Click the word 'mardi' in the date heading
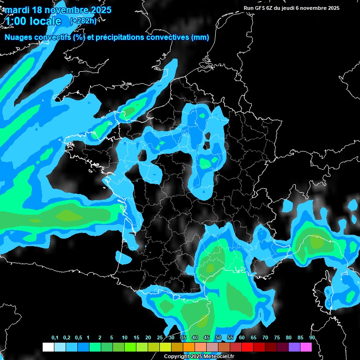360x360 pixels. coord(15,10)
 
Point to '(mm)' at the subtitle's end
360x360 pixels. coord(199,37)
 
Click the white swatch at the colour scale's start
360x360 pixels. coord(48,347)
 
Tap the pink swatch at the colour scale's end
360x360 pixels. coord(306,347)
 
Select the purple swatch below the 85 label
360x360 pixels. coord(294,347)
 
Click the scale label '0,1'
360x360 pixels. coord(55,338)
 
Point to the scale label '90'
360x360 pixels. coord(312,338)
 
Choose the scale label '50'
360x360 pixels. coord(218,338)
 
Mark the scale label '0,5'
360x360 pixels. coord(78,338)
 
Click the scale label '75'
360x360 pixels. coord(277,338)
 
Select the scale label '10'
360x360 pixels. coord(124,338)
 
